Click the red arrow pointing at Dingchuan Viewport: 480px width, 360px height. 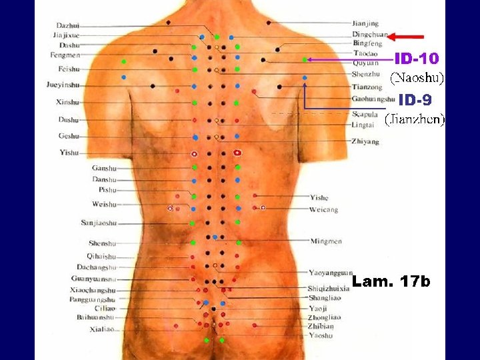point(406,37)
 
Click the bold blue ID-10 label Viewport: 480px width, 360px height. point(416,59)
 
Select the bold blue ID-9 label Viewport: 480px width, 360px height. point(415,100)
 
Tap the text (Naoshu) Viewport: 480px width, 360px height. point(417,78)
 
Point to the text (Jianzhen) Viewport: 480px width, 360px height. point(415,120)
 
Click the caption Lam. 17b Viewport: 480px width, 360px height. point(391,283)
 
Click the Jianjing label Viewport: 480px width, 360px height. point(365,23)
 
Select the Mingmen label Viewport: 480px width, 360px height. point(326,241)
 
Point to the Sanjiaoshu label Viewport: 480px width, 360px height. point(99,223)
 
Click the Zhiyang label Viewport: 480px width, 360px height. point(365,141)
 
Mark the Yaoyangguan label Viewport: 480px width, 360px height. point(330,272)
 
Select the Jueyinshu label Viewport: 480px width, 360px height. point(63,85)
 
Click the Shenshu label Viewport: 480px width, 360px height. point(102,243)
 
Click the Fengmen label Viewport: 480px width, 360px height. point(65,55)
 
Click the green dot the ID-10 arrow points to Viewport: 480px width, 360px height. point(305,60)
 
